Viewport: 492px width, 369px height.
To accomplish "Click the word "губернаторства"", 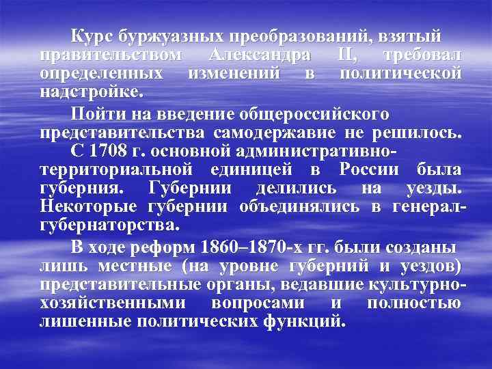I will tap(109, 225).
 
